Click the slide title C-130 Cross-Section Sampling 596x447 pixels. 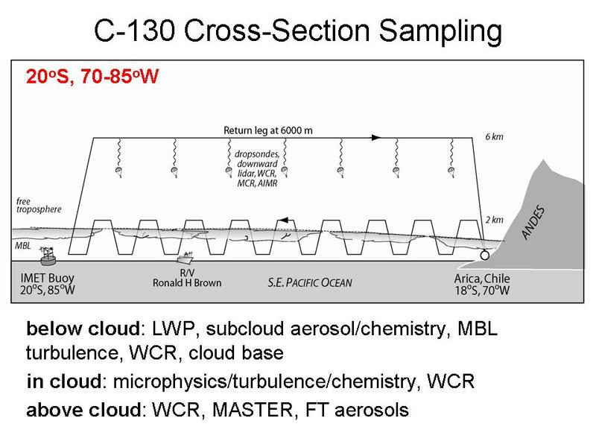tap(297, 34)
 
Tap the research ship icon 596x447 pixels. tap(186, 259)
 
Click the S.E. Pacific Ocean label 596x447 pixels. tap(310, 282)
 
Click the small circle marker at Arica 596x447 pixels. tap(485, 254)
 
